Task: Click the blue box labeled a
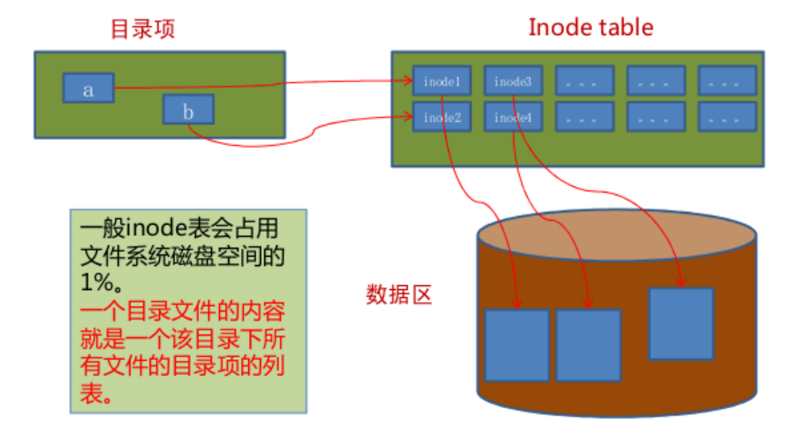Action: [x=88, y=88]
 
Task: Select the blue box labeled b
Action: [x=188, y=110]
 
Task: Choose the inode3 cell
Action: [x=513, y=81]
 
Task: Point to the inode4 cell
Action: [x=513, y=117]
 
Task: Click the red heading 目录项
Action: [x=142, y=29]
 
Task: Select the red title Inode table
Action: [x=591, y=27]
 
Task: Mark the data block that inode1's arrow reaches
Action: [x=517, y=344]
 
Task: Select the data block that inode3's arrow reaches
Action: [x=680, y=323]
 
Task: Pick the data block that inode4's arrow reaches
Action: [x=588, y=344]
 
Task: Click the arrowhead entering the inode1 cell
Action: [x=407, y=80]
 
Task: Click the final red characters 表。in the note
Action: [x=95, y=394]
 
